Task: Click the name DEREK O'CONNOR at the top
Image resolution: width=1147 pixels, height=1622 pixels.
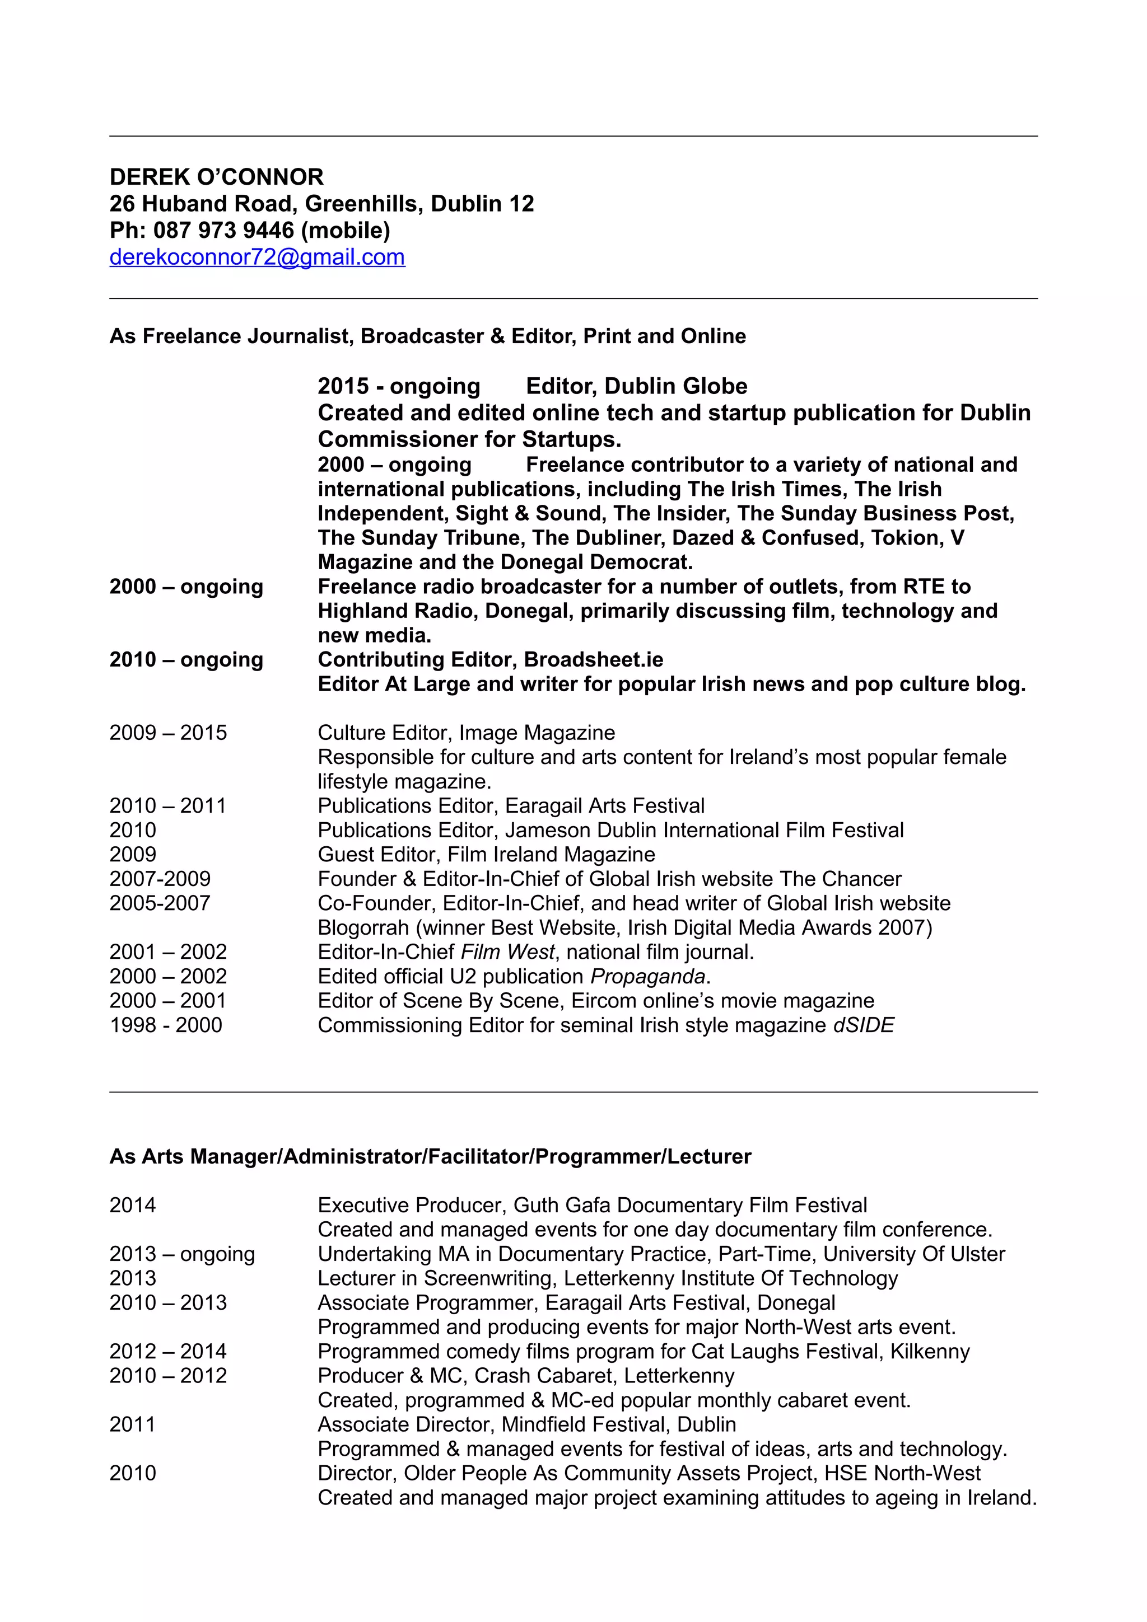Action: (x=216, y=177)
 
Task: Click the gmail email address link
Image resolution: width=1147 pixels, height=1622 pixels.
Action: (x=257, y=257)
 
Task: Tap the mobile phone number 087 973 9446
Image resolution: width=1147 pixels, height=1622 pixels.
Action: (x=223, y=230)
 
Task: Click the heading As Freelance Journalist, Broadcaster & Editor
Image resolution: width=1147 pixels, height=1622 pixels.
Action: (x=427, y=336)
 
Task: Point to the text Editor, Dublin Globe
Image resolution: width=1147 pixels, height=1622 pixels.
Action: (x=636, y=386)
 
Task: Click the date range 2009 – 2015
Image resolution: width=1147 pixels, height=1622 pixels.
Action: (x=168, y=733)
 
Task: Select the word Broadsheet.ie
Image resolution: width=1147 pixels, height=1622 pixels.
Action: (x=594, y=660)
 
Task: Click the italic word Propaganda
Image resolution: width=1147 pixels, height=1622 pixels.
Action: (x=647, y=976)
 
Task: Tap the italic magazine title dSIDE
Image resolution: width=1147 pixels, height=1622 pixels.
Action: (x=863, y=1025)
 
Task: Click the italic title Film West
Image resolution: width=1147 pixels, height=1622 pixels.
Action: (x=507, y=952)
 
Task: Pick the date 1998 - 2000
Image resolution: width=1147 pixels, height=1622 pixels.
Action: (x=165, y=1025)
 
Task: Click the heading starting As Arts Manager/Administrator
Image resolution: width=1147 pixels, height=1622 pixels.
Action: (x=430, y=1156)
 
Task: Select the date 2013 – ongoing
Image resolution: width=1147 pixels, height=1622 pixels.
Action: (x=181, y=1254)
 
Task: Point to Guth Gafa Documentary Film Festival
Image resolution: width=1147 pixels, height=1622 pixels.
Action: (x=690, y=1205)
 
